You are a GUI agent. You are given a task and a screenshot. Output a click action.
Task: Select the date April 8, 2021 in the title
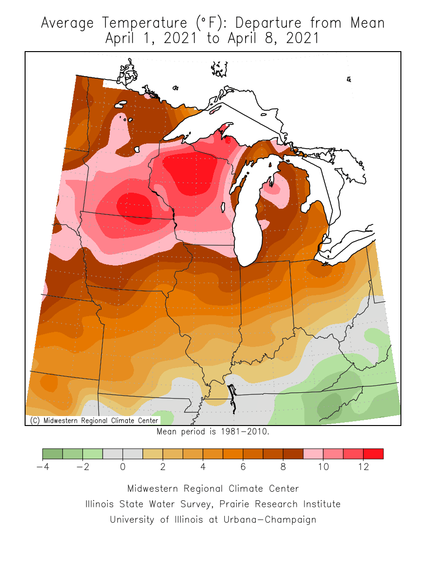(x=274, y=38)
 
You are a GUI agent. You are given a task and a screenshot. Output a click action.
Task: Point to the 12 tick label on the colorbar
(x=363, y=467)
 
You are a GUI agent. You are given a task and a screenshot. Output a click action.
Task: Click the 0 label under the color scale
(x=123, y=467)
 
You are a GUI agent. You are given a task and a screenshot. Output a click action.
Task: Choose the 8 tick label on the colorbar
(x=283, y=467)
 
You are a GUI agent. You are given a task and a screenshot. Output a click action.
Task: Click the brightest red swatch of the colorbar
(x=373, y=454)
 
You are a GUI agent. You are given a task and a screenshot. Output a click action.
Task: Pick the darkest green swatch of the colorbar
(x=53, y=454)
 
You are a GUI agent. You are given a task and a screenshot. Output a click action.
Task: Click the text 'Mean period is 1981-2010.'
(x=213, y=432)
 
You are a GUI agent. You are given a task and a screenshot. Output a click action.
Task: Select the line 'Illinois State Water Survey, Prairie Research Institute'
(x=213, y=504)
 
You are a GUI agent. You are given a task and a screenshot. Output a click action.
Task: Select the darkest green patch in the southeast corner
(x=331, y=405)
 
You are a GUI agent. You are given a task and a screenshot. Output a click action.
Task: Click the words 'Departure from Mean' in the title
(x=310, y=23)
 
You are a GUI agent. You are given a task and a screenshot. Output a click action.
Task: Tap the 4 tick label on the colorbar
(x=203, y=467)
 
